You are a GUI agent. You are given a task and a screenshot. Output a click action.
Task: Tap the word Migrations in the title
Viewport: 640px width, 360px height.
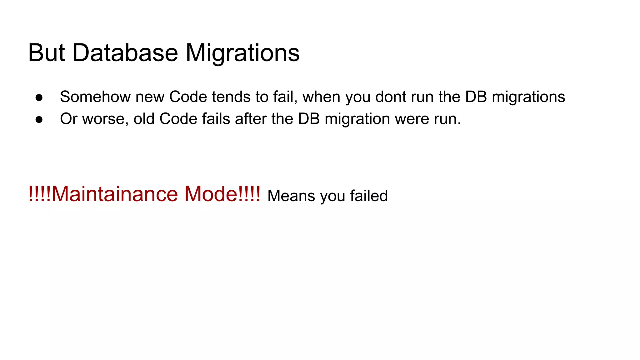click(x=242, y=53)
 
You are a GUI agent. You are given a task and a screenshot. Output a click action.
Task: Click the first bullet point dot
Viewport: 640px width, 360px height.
click(x=39, y=97)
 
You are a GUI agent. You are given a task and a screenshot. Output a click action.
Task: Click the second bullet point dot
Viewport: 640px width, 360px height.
click(x=39, y=119)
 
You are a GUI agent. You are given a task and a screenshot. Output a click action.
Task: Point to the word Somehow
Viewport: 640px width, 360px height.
click(x=95, y=97)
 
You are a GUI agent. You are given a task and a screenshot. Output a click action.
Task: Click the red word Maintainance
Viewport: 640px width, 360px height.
click(x=115, y=194)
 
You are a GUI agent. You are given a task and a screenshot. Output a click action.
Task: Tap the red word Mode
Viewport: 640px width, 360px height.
click(x=211, y=194)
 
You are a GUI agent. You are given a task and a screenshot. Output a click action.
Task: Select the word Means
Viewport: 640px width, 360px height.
click(x=291, y=196)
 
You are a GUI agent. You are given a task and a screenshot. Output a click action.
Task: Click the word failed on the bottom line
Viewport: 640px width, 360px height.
click(x=369, y=196)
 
